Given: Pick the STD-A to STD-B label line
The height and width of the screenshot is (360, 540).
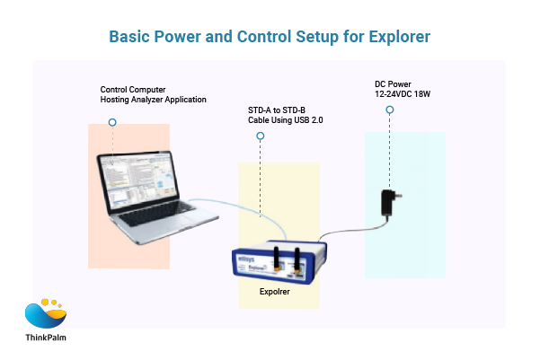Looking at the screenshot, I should click(283, 110).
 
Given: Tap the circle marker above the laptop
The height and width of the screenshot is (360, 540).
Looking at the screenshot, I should click(111, 120).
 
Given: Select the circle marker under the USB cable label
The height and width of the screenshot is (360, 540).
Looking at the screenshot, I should click(261, 136).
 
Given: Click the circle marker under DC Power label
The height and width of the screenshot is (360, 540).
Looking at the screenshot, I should click(390, 110).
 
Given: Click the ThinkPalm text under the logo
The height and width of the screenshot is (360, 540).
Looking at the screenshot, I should click(45, 340).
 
